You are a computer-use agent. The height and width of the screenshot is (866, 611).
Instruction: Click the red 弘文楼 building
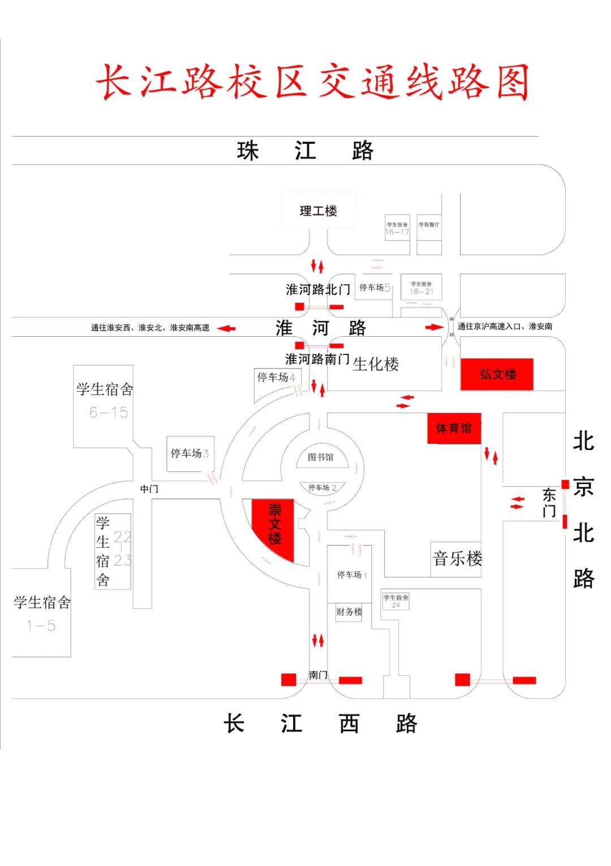497,374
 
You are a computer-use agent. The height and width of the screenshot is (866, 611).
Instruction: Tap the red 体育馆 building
454,428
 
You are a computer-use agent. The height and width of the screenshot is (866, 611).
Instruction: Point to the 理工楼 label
318,211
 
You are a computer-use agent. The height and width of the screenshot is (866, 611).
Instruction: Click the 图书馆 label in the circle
321,457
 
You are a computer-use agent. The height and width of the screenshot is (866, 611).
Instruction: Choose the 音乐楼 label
457,559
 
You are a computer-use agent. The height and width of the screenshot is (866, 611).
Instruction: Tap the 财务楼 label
349,612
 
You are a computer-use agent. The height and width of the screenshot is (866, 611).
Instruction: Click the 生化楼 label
376,364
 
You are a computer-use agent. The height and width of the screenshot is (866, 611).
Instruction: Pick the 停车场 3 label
190,453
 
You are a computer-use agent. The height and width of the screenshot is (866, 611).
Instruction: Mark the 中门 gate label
149,488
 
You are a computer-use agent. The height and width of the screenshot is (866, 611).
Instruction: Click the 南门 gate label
319,675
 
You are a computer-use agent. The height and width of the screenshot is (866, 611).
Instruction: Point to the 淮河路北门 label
318,290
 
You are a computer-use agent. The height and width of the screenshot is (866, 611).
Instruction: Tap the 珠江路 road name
305,151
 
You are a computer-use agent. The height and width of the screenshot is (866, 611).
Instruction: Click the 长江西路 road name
320,723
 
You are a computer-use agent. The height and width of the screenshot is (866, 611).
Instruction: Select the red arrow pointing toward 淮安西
227,328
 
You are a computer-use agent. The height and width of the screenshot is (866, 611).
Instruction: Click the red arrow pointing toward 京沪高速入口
434,327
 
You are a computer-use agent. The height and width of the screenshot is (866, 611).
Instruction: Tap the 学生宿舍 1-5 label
42,613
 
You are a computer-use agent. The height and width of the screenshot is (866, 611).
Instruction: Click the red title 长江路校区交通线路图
312,82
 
